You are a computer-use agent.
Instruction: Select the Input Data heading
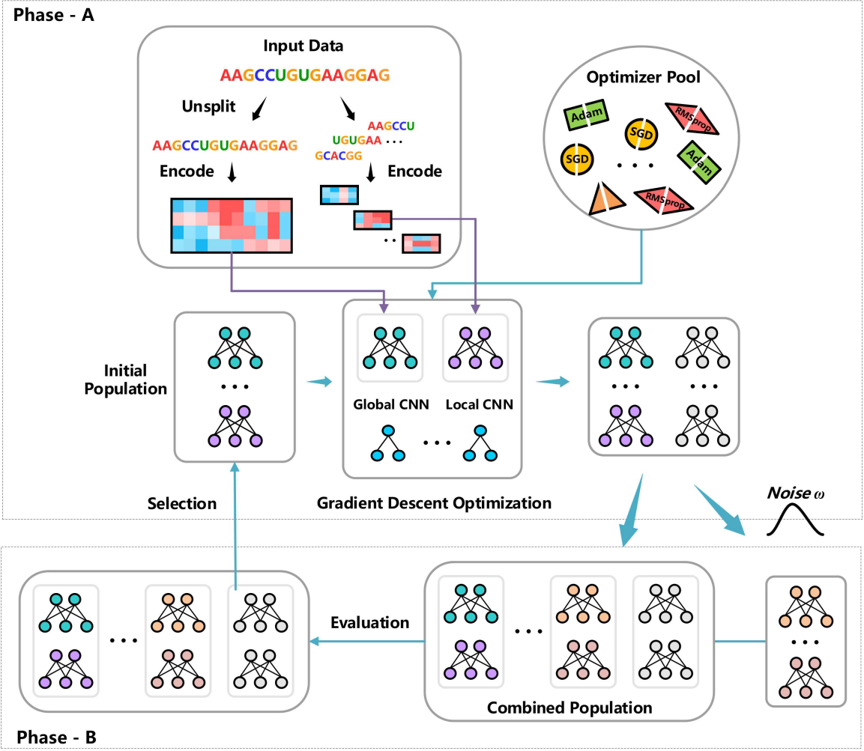tap(303, 46)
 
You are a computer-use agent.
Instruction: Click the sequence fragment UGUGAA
tap(356, 140)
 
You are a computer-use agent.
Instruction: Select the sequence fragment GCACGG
tap(339, 156)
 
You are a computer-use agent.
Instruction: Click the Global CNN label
tap(390, 405)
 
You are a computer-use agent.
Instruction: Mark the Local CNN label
tap(474, 405)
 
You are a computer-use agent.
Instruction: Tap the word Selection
tap(182, 503)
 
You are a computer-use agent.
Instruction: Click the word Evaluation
tap(370, 622)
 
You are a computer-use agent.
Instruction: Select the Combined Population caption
tap(570, 707)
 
